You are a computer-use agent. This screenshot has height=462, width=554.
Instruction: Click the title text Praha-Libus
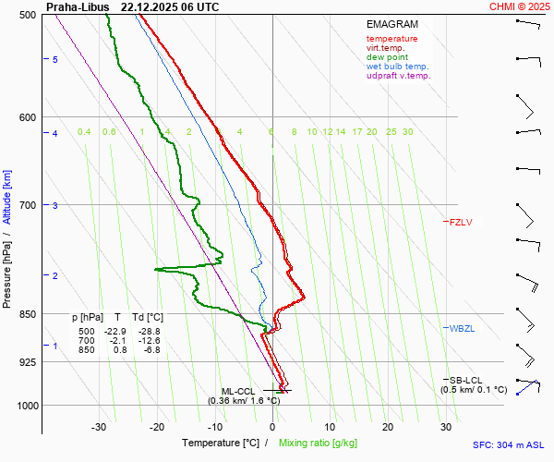[x=78, y=6]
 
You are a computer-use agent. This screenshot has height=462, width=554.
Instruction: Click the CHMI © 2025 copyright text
[x=521, y=6]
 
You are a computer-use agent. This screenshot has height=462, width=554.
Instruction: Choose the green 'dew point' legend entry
[x=387, y=57]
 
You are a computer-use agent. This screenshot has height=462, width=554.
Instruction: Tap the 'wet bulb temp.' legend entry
[x=397, y=67]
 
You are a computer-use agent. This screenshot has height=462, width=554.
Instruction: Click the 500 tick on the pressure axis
[x=28, y=15]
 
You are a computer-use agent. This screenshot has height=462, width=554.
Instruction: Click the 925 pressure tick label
[x=28, y=362]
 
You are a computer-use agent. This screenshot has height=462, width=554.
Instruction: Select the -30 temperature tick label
[x=99, y=427]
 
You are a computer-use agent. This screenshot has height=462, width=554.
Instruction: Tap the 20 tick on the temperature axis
[x=388, y=427]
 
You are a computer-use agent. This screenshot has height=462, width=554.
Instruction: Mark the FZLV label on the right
[x=460, y=222]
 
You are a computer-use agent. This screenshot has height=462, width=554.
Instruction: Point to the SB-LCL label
[x=465, y=380]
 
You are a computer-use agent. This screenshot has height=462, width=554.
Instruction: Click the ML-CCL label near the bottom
[x=237, y=391]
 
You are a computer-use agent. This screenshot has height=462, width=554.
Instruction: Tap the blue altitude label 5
[x=55, y=59]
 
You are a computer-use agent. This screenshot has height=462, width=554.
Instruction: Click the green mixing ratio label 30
[x=407, y=132]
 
